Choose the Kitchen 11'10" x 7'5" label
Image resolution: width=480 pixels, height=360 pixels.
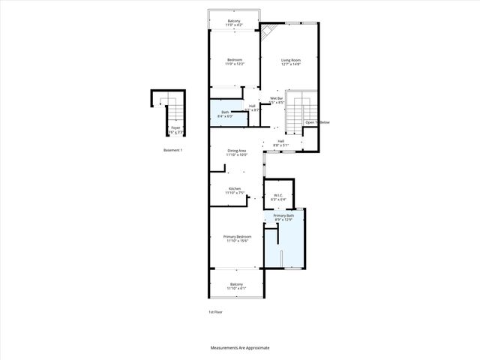tap(235, 190)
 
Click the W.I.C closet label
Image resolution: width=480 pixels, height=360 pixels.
tap(277, 197)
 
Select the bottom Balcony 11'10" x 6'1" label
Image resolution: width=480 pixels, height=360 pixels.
tap(237, 286)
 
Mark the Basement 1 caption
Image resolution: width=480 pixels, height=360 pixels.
tap(173, 150)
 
